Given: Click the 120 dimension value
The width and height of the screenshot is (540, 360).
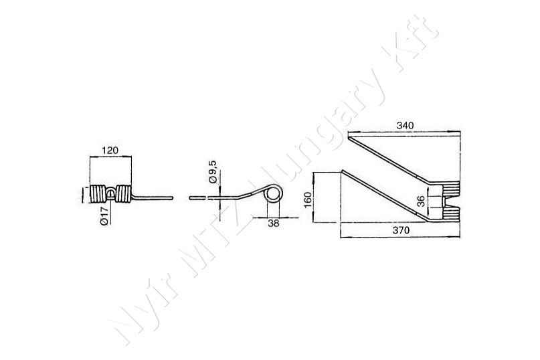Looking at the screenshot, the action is click(x=110, y=150).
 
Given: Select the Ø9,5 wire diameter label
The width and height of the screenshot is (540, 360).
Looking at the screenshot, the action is click(x=213, y=171).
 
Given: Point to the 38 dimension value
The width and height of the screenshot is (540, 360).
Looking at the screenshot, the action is click(x=274, y=223).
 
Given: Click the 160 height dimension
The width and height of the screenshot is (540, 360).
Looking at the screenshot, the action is click(x=308, y=200).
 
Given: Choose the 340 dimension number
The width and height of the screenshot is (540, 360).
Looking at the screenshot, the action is click(x=405, y=125).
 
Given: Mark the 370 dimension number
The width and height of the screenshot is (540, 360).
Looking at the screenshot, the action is click(x=401, y=230).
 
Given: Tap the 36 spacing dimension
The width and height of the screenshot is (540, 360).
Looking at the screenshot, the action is click(x=421, y=201).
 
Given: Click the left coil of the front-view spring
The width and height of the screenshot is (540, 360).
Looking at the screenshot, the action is click(x=98, y=194).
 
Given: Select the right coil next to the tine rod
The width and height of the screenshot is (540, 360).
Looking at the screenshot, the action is click(x=124, y=194).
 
